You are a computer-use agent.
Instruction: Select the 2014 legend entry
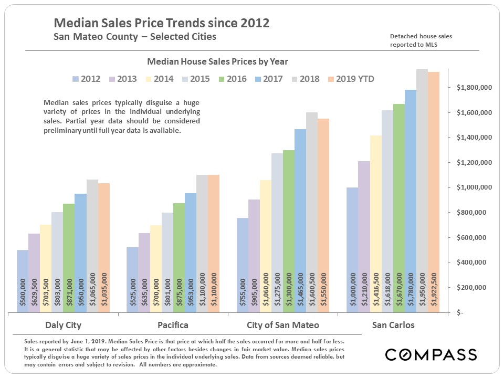click(156, 79)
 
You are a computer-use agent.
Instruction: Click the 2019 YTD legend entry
click(351, 79)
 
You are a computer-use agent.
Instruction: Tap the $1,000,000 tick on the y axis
click(474, 187)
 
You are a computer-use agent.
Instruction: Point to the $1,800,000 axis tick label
click(474, 88)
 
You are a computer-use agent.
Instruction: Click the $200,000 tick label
click(476, 288)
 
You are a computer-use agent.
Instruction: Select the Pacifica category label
click(173, 325)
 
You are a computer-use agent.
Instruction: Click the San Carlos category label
click(393, 325)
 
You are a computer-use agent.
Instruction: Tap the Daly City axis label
click(64, 325)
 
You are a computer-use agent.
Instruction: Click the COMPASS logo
click(431, 354)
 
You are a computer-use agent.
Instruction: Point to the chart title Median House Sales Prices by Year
click(217, 61)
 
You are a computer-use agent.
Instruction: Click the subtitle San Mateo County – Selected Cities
click(135, 37)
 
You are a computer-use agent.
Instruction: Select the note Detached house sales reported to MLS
click(421, 40)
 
